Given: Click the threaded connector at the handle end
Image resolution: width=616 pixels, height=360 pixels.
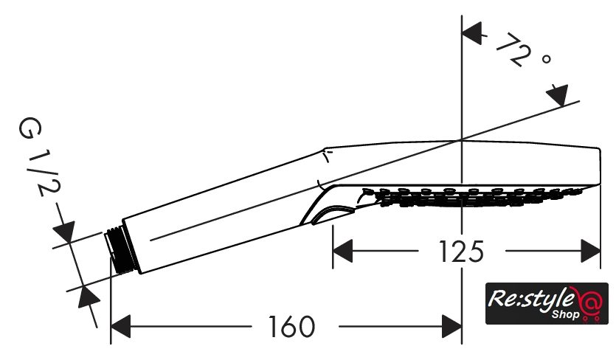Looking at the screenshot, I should click(x=115, y=246).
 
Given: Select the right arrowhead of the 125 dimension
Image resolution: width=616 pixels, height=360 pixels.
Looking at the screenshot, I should click(x=590, y=252).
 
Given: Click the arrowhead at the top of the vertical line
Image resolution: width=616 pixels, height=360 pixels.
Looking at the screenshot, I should click(x=472, y=32).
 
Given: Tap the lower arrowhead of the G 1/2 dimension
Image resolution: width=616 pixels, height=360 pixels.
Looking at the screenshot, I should click(x=87, y=297).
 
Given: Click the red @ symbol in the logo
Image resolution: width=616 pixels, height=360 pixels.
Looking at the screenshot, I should click(x=589, y=304).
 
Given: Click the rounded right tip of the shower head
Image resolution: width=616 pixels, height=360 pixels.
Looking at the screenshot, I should click(x=598, y=166).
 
